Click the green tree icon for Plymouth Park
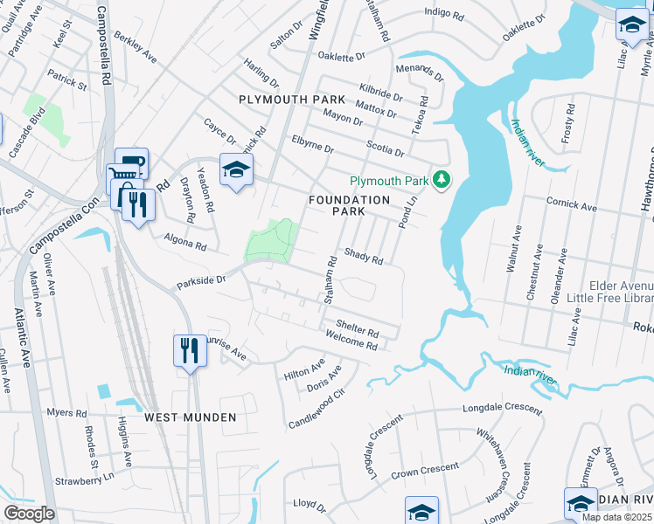[442, 180]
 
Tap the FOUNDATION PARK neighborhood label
[349, 206]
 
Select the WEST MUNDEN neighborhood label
[191, 417]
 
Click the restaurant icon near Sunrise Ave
[189, 351]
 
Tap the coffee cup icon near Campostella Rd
[131, 163]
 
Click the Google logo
[29, 514]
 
